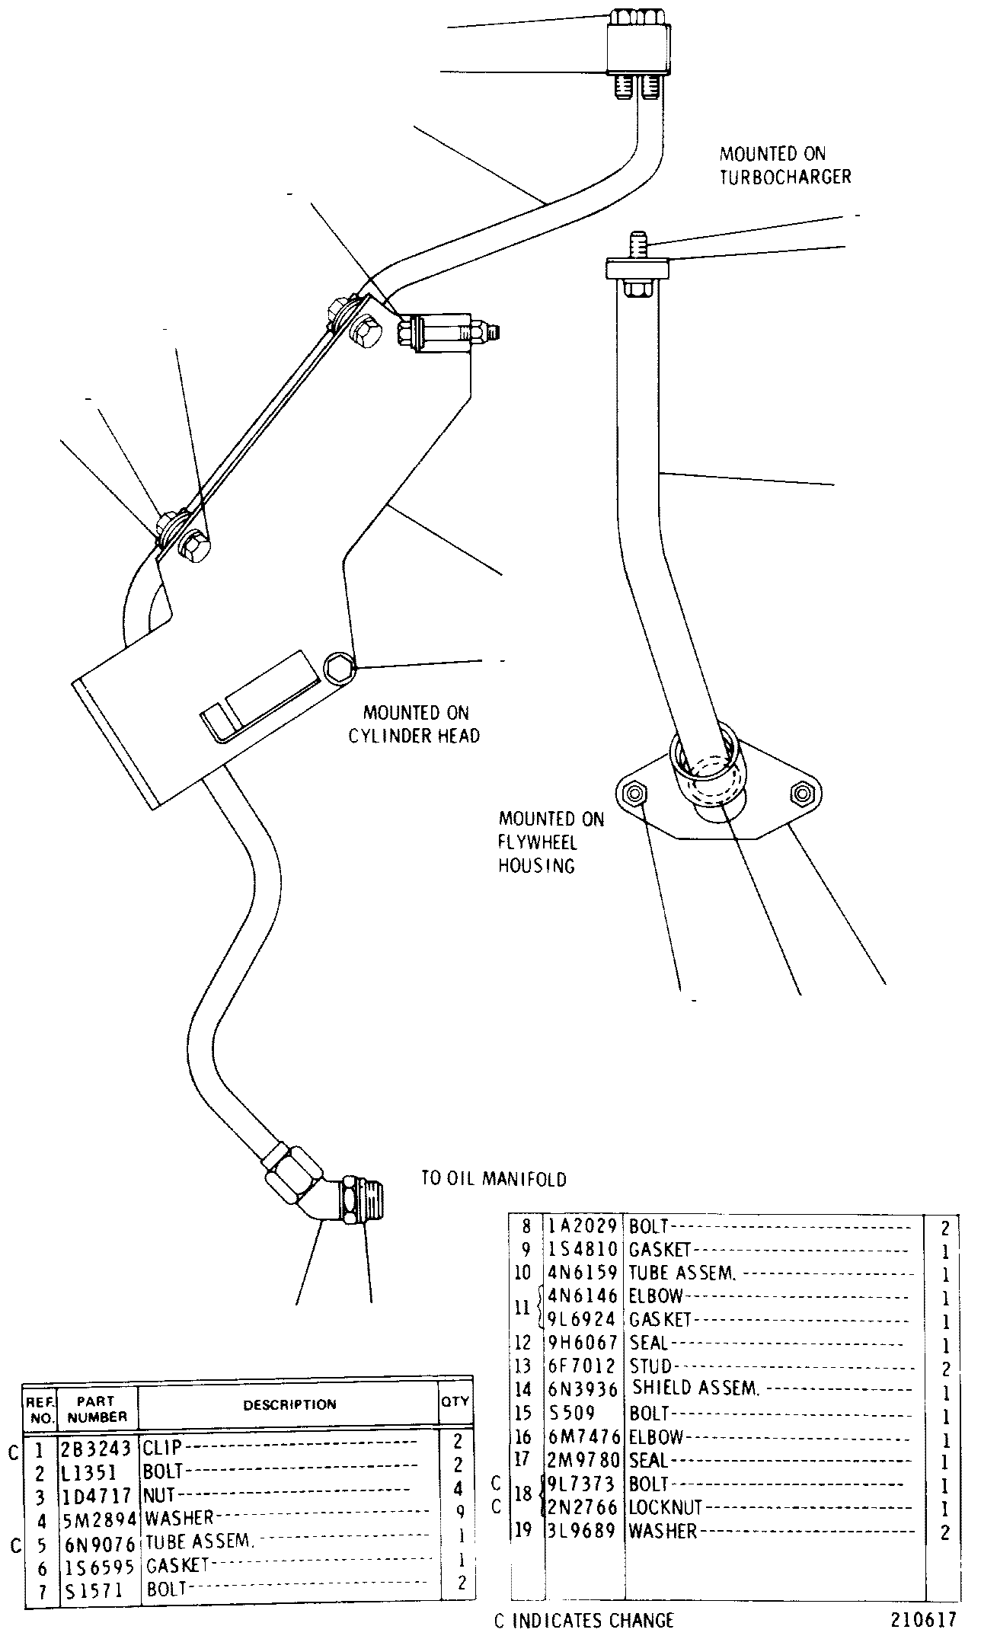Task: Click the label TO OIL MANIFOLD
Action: click(x=494, y=1180)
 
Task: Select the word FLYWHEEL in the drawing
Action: click(x=538, y=843)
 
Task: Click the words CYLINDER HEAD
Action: click(x=414, y=736)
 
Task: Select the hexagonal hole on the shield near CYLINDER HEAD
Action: click(x=340, y=666)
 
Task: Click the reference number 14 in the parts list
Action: click(x=522, y=1390)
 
